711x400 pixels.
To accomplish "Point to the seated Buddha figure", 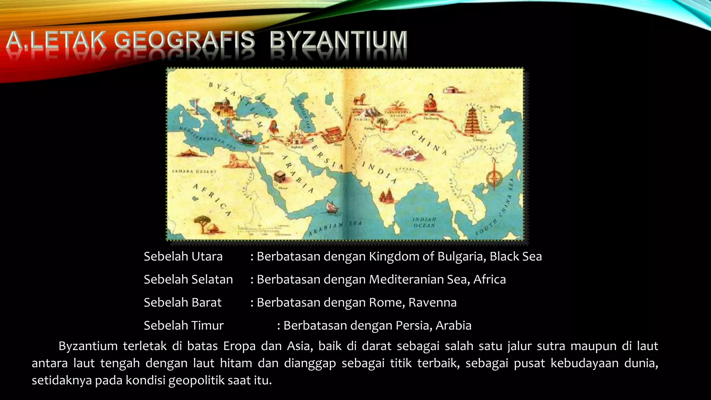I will click(x=430, y=102).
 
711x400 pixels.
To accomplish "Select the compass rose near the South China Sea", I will click(x=494, y=178).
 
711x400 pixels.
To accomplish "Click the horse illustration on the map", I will click(x=360, y=99).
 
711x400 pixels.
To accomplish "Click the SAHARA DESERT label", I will click(x=194, y=172).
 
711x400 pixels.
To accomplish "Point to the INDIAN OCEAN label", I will click(x=424, y=223).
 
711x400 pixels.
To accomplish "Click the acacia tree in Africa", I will click(x=202, y=223).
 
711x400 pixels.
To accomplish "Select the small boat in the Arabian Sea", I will click(x=332, y=207).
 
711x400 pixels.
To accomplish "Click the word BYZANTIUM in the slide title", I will click(x=338, y=40).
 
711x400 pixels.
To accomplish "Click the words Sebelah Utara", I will click(x=183, y=257).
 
